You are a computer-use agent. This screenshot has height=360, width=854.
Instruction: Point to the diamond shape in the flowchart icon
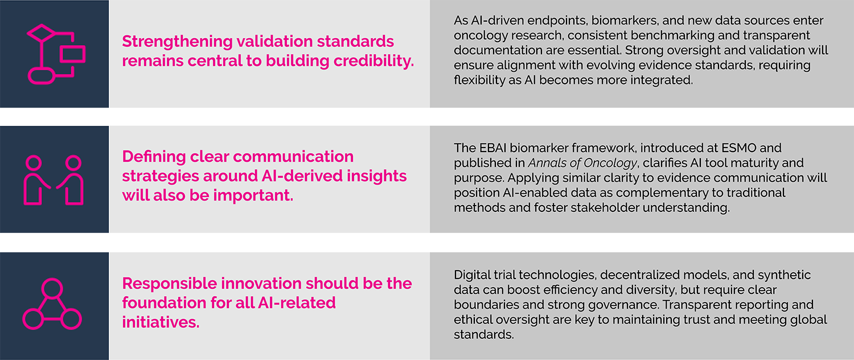click(39, 33)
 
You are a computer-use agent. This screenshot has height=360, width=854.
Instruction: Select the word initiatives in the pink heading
click(160, 322)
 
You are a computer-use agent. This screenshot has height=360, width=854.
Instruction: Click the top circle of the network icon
click(52, 287)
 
